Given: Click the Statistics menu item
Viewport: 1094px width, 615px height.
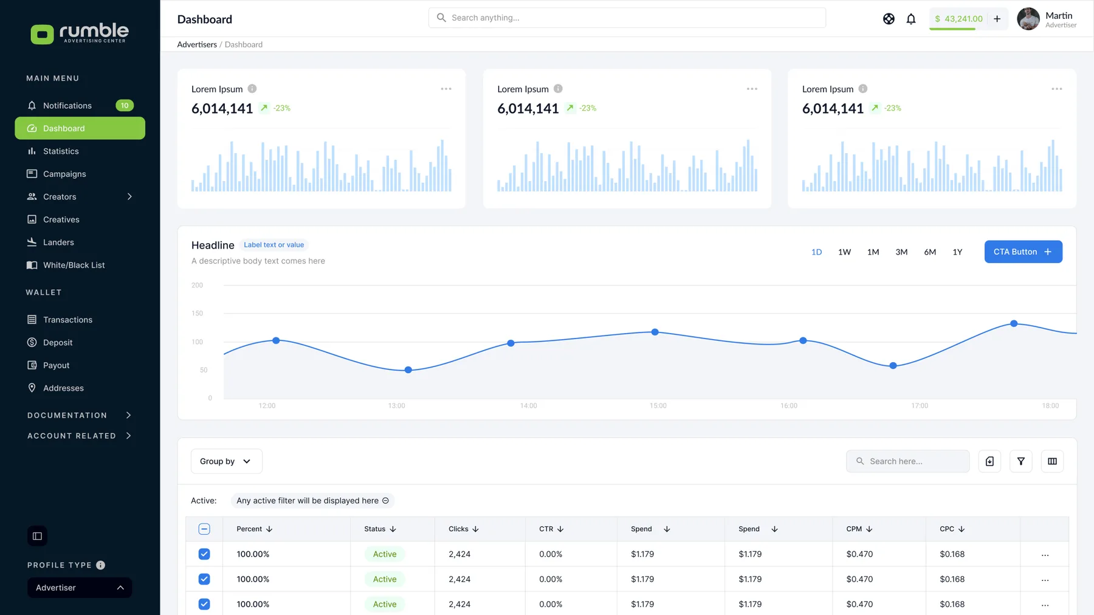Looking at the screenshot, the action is point(61,151).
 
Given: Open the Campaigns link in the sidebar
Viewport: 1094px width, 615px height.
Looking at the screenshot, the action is point(64,174).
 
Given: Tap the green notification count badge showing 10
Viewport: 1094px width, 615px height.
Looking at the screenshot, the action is point(125,106).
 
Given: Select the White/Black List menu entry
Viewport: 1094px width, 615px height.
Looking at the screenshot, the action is point(74,265).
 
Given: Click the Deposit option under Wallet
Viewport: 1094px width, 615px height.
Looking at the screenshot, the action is point(58,343).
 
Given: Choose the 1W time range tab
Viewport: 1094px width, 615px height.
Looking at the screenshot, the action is point(844,252).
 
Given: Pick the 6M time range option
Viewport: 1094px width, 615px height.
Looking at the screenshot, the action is point(930,252).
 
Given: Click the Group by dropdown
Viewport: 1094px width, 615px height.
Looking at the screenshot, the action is point(227,461).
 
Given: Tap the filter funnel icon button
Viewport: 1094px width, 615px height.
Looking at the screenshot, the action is point(1021,461).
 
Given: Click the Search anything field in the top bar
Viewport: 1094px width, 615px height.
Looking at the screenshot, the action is point(627,18).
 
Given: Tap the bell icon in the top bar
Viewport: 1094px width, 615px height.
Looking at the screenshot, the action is point(911,19).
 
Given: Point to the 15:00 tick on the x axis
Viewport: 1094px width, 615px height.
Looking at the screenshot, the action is point(658,406).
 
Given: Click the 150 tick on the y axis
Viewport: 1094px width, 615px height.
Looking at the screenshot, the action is point(198,314).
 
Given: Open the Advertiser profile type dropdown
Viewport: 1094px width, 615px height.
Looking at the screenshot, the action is point(80,588).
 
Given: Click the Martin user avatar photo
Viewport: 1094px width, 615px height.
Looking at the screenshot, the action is point(1028,19).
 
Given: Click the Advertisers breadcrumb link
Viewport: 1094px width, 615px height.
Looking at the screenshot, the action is point(197,45).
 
